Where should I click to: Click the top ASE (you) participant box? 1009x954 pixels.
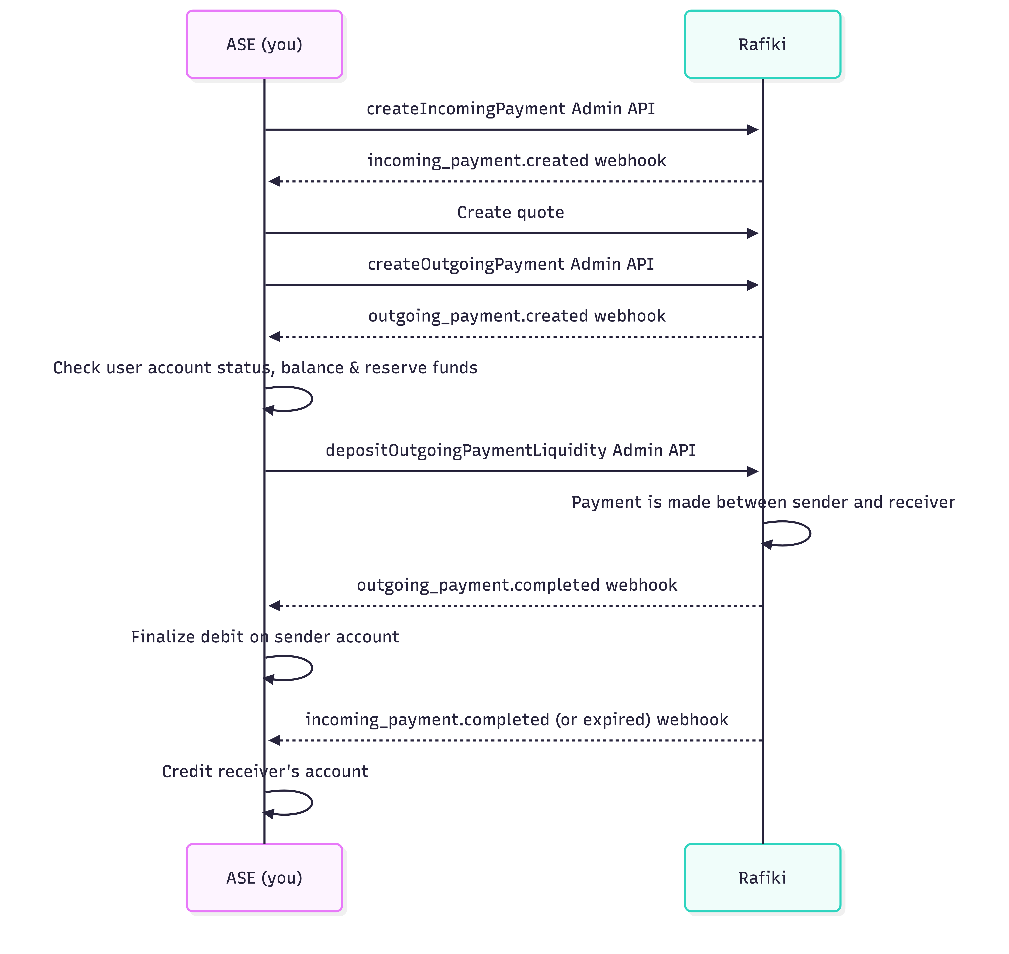point(264,44)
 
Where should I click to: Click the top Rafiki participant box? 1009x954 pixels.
point(762,44)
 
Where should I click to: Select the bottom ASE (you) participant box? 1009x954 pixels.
point(264,878)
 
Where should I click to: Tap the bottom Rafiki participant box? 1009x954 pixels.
point(762,878)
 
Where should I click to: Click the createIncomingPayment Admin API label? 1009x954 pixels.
point(510,109)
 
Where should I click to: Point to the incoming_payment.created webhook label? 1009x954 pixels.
point(516,161)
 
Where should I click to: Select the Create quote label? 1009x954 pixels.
point(510,213)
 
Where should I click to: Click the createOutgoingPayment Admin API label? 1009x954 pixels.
point(510,264)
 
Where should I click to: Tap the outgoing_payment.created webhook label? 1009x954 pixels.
point(516,316)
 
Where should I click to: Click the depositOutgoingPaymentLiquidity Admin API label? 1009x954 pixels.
point(510,451)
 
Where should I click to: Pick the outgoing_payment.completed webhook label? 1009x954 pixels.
point(516,585)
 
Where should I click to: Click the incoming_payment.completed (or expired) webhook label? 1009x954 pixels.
point(516,720)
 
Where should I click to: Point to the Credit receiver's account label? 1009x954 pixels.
point(265,772)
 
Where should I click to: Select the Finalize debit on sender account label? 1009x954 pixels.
point(265,637)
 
